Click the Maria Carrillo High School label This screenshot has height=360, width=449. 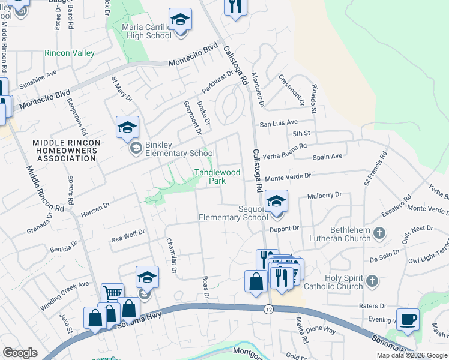click(147, 31)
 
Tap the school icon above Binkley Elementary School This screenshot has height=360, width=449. click(127, 128)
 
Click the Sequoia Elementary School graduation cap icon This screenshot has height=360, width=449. click(276, 202)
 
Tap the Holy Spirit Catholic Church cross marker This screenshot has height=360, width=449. click(372, 280)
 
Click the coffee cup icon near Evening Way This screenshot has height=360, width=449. click(408, 320)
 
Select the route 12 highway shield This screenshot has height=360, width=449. click(269, 308)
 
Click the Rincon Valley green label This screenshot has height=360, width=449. click(70, 53)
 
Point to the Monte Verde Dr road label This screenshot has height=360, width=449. click(289, 177)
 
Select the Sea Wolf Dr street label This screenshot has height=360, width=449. click(128, 238)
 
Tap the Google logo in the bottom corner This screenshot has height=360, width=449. click(20, 353)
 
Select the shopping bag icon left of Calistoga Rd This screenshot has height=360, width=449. click(256, 282)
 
